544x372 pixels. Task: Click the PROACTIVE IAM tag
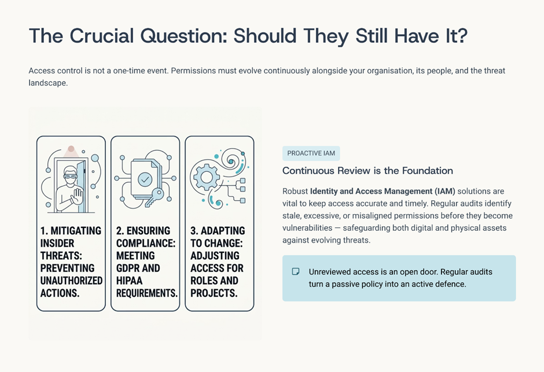[311, 153]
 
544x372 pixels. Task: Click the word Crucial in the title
[102, 36]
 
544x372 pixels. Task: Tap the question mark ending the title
[462, 35]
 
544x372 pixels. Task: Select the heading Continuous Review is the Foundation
[367, 171]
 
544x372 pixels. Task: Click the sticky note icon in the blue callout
[296, 271]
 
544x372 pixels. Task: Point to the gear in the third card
[207, 178]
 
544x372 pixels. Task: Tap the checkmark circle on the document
[145, 179]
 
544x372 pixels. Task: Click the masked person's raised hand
[76, 197]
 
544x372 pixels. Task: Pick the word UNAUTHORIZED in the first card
[71, 281]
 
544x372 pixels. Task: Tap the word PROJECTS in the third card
[214, 293]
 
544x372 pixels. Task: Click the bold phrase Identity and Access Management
[371, 191]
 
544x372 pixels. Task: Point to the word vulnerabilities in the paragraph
[307, 228]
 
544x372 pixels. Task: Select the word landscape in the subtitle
[48, 83]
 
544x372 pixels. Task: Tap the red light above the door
[71, 149]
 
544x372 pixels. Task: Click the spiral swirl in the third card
[231, 160]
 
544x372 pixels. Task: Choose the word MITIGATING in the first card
[76, 231]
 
